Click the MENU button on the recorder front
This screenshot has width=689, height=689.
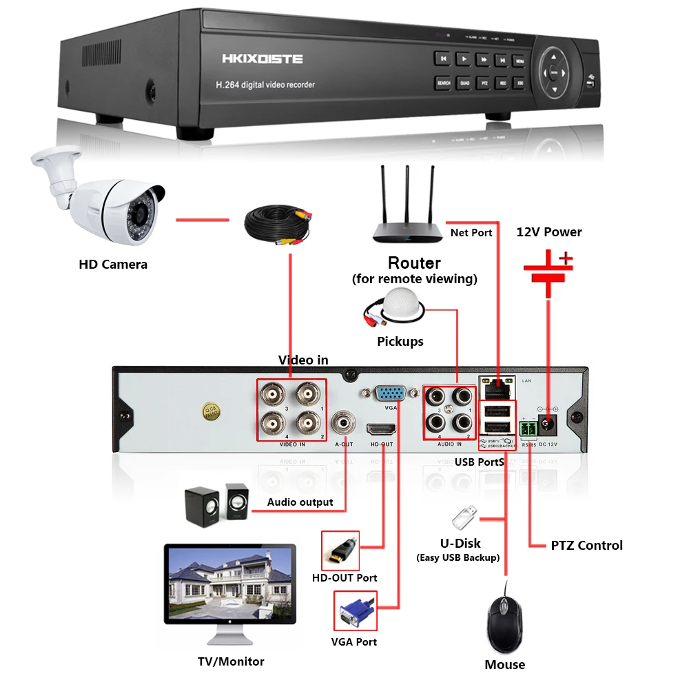coord(520,61)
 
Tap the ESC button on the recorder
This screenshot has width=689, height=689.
coord(520,83)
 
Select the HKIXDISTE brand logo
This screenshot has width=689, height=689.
coord(262,59)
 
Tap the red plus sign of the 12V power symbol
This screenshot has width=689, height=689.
coord(565,259)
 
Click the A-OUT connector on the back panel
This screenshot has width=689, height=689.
coord(343,422)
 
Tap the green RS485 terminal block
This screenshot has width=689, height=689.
coord(528,429)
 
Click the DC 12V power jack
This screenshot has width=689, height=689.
coord(550,424)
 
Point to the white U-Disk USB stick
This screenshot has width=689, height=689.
coord(464,517)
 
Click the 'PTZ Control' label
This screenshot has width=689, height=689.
coord(586,546)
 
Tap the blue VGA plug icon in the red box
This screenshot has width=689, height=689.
coord(356,610)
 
